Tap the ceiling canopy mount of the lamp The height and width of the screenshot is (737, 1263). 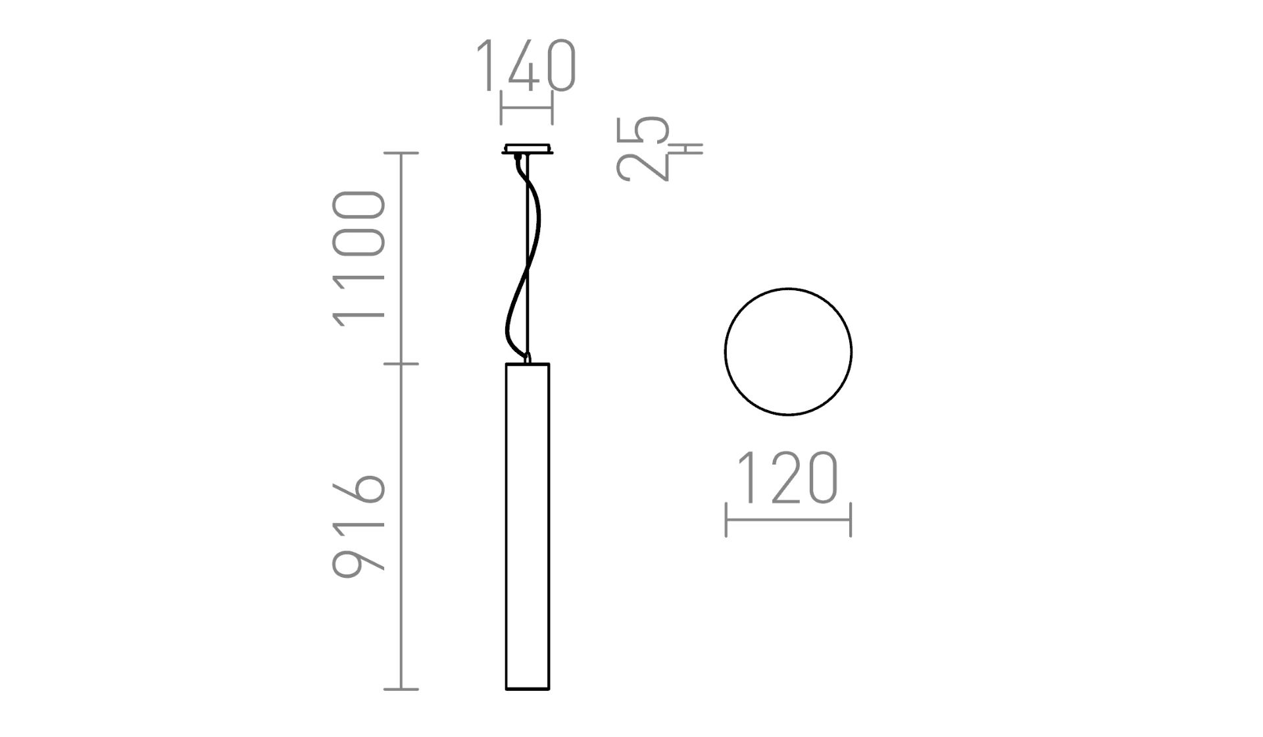click(x=527, y=149)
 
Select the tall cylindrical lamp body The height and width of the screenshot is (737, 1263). click(x=527, y=526)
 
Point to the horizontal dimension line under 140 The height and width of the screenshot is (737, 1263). click(x=526, y=109)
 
